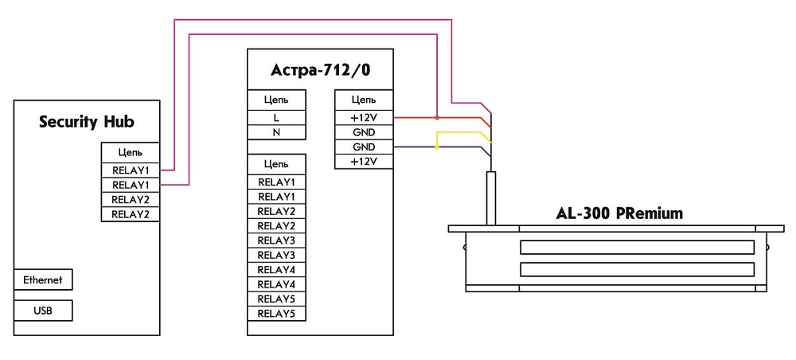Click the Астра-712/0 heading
(321, 70)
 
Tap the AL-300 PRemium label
(618, 214)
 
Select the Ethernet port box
(43, 280)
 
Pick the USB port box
(43, 310)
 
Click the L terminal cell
(276, 118)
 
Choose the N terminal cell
(276, 132)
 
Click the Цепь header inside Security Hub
(131, 152)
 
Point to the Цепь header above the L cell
(276, 100)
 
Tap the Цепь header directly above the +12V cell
(364, 100)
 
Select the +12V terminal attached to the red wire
(364, 118)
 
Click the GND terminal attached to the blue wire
(364, 147)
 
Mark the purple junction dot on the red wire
(437, 118)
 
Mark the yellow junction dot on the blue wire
(437, 147)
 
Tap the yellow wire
(462, 132)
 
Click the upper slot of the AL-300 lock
(637, 247)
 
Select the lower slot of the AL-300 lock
(637, 269)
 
